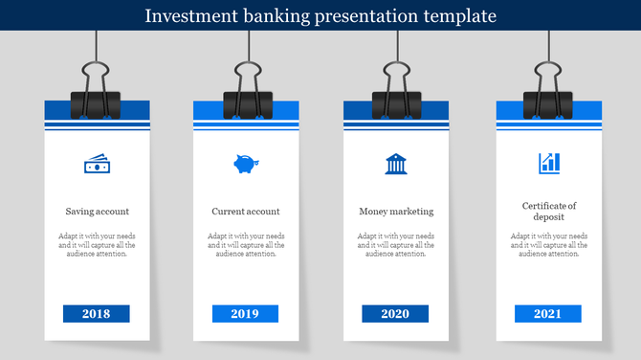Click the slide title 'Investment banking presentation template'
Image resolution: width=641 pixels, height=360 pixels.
[320, 16]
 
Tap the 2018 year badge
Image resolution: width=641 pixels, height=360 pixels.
[97, 314]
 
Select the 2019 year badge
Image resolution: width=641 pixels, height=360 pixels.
[245, 314]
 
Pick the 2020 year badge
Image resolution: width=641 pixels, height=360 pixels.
[395, 314]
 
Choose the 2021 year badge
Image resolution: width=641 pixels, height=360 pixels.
[547, 314]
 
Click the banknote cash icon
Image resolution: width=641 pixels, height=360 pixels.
[97, 165]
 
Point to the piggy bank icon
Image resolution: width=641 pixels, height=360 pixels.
[245, 164]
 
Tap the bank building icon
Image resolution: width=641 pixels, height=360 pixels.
[395, 164]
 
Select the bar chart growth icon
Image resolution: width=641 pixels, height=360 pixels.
[549, 163]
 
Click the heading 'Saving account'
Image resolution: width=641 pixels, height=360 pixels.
[98, 212]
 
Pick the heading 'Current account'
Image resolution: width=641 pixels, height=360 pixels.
[246, 212]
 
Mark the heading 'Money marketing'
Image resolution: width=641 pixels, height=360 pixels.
[396, 212]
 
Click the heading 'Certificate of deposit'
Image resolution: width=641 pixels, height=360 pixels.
[549, 212]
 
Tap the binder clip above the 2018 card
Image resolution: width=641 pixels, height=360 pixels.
[97, 92]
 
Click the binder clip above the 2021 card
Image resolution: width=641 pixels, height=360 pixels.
[547, 92]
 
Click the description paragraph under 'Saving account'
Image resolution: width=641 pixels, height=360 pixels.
[98, 245]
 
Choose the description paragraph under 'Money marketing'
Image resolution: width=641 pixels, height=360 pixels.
[396, 245]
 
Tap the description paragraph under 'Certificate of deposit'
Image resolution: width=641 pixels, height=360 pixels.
[549, 245]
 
